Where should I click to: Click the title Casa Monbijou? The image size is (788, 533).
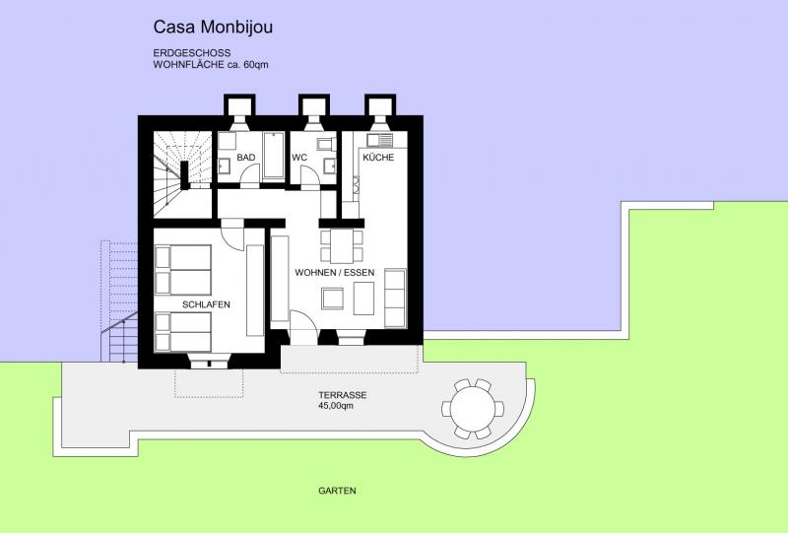[213, 28]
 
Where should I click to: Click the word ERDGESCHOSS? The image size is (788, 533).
[192, 53]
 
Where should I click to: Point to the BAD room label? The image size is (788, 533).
[245, 158]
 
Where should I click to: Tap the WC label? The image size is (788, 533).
[299, 158]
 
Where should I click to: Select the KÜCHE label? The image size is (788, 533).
[378, 157]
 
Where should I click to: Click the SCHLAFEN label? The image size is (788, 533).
[206, 304]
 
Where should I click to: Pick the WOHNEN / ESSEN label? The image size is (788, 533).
[335, 273]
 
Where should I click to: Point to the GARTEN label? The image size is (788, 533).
[337, 491]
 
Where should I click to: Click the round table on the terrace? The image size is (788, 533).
[473, 409]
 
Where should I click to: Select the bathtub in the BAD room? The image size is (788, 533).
[274, 155]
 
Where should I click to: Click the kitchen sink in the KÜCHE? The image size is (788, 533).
[379, 140]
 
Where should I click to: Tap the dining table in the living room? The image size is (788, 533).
[342, 246]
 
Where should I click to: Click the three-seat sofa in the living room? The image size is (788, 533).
[395, 299]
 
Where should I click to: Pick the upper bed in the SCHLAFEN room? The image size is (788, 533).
[183, 270]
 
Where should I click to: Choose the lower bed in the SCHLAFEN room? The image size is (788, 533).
[183, 332]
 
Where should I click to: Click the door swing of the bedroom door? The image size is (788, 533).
[232, 235]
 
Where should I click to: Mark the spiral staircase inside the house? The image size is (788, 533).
[182, 174]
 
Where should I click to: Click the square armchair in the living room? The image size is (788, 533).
[333, 299]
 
